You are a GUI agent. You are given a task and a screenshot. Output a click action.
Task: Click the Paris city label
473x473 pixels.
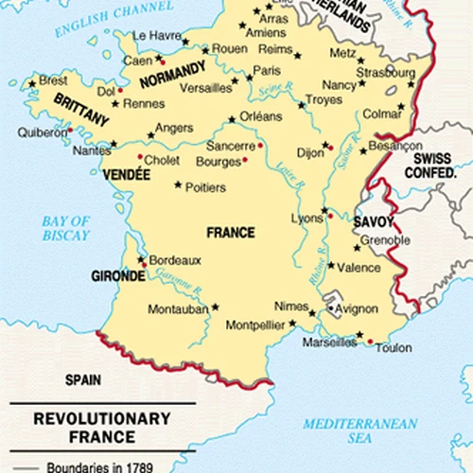[268, 70]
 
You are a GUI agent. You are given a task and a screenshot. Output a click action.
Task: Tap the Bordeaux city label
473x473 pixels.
[176, 260]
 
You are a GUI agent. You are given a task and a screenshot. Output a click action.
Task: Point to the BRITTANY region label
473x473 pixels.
[81, 108]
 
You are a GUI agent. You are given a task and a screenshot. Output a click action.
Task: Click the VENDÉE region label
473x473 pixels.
[130, 175]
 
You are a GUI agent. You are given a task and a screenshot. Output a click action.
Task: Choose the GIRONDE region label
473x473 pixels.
[118, 276]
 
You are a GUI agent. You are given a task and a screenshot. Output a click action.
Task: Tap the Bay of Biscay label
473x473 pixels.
[65, 228]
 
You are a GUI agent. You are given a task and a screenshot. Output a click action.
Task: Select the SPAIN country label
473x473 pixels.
[82, 379]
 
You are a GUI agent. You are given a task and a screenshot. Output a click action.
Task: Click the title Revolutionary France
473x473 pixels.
[102, 427]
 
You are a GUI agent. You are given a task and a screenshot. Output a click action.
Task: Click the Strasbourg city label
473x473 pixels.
[385, 72]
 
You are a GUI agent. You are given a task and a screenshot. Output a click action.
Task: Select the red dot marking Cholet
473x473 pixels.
[140, 157]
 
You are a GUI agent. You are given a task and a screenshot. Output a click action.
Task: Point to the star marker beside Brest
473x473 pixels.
[32, 83]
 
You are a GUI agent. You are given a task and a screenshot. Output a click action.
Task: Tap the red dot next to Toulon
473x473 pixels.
[370, 342]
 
